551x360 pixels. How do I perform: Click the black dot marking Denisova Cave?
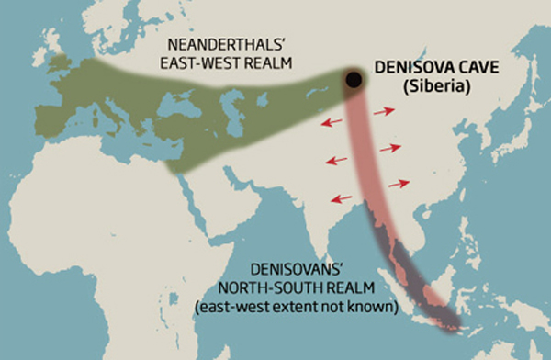tap(352, 80)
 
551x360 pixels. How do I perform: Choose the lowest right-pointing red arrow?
tap(399, 184)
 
